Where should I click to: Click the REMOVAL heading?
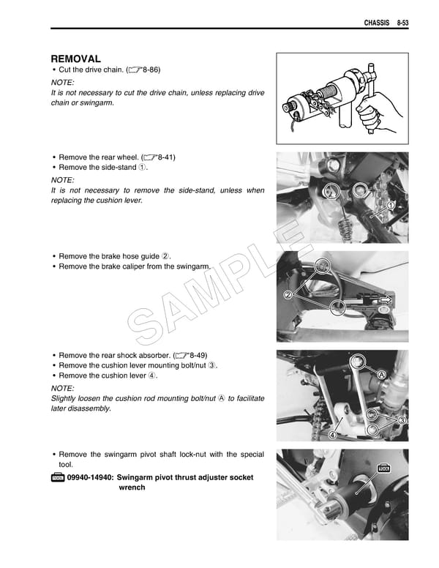tap(75, 59)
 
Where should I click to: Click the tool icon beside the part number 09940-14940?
tap(57, 477)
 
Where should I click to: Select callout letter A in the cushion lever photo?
tap(381, 374)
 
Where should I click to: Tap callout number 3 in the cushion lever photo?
tap(402, 420)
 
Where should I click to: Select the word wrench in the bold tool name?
tap(132, 487)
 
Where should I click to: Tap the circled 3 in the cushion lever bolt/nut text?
tap(211, 365)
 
